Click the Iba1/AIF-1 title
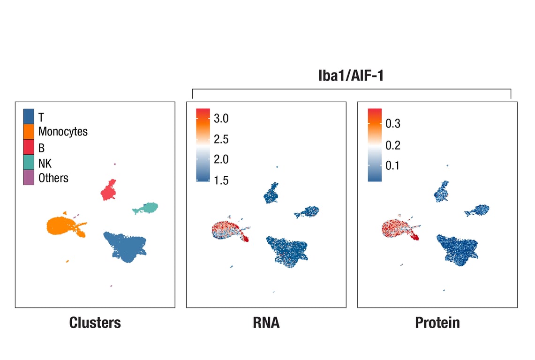point(351,76)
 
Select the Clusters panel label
point(95,322)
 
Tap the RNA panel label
point(266,322)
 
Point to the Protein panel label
point(437,322)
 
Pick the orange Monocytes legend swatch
point(29,132)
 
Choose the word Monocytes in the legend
point(63,132)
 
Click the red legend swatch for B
point(29,147)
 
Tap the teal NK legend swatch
point(29,163)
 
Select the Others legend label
point(53,178)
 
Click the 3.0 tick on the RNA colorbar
point(220,119)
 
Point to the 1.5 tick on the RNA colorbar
point(220,181)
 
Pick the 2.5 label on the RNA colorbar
point(220,139)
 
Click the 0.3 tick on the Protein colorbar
point(392,124)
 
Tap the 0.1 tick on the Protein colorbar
point(392,165)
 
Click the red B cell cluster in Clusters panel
point(109,190)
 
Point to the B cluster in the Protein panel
point(441,191)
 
